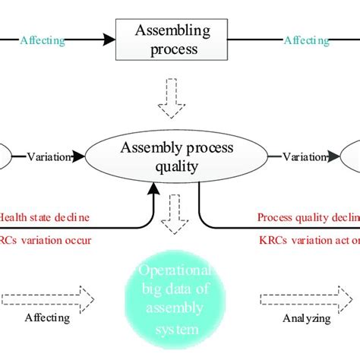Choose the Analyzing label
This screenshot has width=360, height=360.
click(305, 318)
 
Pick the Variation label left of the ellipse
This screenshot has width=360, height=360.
click(49, 157)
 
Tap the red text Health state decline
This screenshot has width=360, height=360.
click(45, 216)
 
